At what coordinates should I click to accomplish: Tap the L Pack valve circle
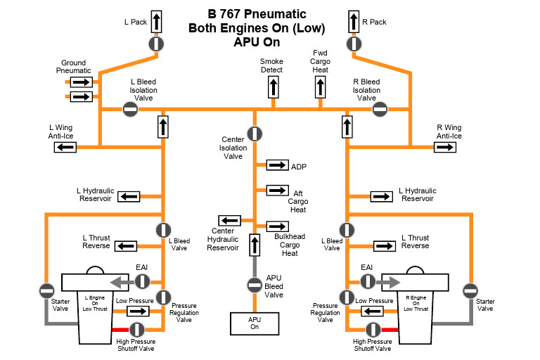156,44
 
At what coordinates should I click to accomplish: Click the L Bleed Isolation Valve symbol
130,108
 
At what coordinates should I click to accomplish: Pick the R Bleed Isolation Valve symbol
380,108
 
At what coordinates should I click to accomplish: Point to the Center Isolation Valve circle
255,134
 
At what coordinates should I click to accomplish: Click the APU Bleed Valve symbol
255,285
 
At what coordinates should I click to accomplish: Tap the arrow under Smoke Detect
272,87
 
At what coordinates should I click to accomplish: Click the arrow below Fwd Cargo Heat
320,87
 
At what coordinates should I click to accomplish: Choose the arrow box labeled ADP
277,165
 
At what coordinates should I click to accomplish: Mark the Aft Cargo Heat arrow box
277,191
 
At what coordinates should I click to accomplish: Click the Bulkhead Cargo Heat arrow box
277,226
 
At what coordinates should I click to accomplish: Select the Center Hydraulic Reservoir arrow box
229,221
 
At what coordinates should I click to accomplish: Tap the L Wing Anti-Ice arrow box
65,147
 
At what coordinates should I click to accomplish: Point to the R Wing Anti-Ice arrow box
445,147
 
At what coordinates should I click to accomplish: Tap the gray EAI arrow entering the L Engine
124,282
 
